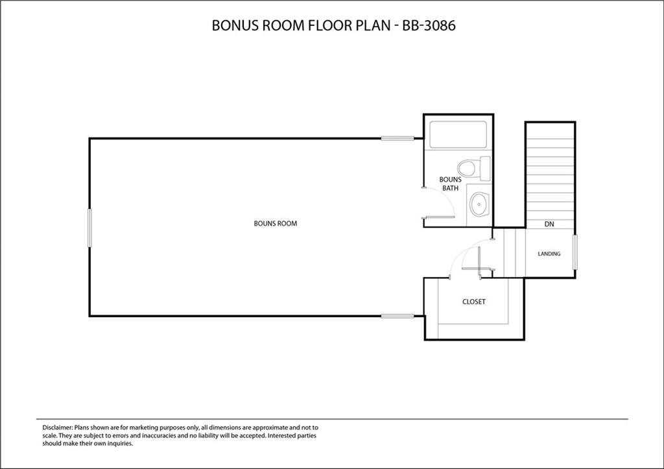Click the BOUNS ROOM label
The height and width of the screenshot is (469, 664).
click(x=275, y=224)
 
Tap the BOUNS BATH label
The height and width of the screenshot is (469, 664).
click(x=450, y=184)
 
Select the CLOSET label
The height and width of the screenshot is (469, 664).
click(x=473, y=302)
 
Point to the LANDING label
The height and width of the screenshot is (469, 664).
click(x=549, y=254)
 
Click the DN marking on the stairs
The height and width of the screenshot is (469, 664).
click(x=549, y=224)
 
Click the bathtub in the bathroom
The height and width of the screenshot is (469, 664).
click(x=458, y=135)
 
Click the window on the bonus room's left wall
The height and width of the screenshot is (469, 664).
click(x=89, y=227)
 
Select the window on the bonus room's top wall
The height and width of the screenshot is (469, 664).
click(x=397, y=138)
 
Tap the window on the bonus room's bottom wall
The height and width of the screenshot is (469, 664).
click(x=397, y=316)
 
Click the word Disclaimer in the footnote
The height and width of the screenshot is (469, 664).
click(x=58, y=428)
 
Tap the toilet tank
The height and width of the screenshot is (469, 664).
click(x=485, y=168)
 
